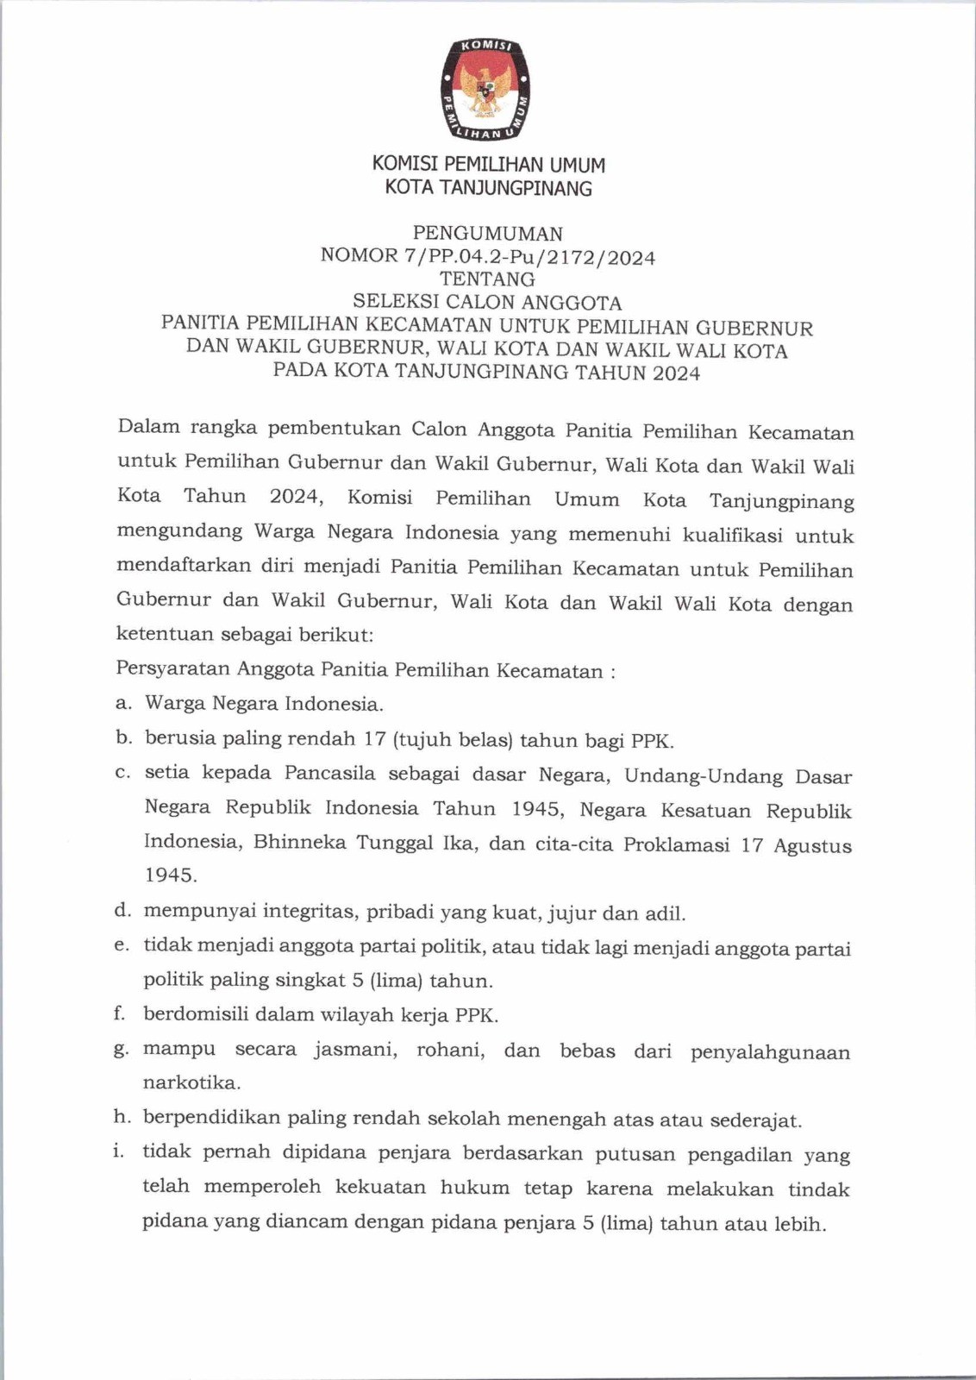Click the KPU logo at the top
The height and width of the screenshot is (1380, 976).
pyautogui.click(x=488, y=88)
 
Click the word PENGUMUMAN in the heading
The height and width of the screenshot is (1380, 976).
pyautogui.click(x=488, y=234)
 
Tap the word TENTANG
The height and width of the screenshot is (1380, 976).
pyautogui.click(x=487, y=279)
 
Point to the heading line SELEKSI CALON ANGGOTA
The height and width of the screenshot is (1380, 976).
pyautogui.click(x=487, y=303)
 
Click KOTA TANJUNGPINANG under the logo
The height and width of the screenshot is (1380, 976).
pyautogui.click(x=488, y=188)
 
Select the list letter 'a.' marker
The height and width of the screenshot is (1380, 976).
pyautogui.click(x=123, y=704)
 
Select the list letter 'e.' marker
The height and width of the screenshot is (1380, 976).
pyautogui.click(x=122, y=946)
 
